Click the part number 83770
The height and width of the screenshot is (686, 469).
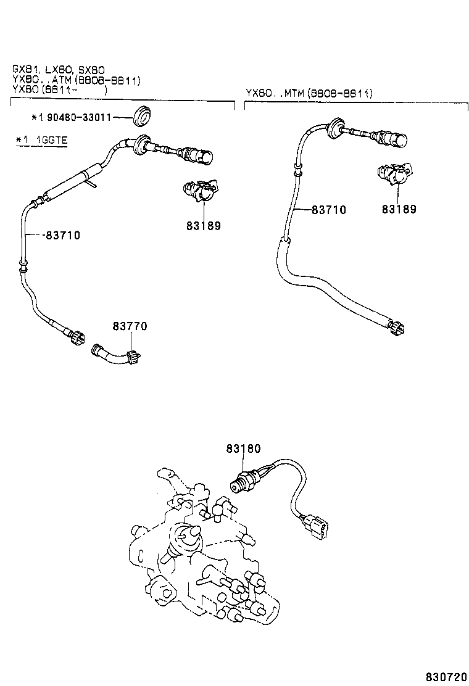point(130,326)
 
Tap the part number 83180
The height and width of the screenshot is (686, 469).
point(243,450)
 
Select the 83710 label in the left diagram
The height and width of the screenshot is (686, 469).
point(62,235)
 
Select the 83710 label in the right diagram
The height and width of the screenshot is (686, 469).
point(328,210)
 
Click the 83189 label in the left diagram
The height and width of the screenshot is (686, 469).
point(203,226)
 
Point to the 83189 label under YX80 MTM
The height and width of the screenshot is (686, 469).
point(399,209)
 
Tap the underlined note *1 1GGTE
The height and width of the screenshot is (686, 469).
point(41,140)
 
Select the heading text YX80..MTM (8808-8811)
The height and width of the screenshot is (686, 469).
point(309,93)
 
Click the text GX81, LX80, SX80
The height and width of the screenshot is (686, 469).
point(59,70)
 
